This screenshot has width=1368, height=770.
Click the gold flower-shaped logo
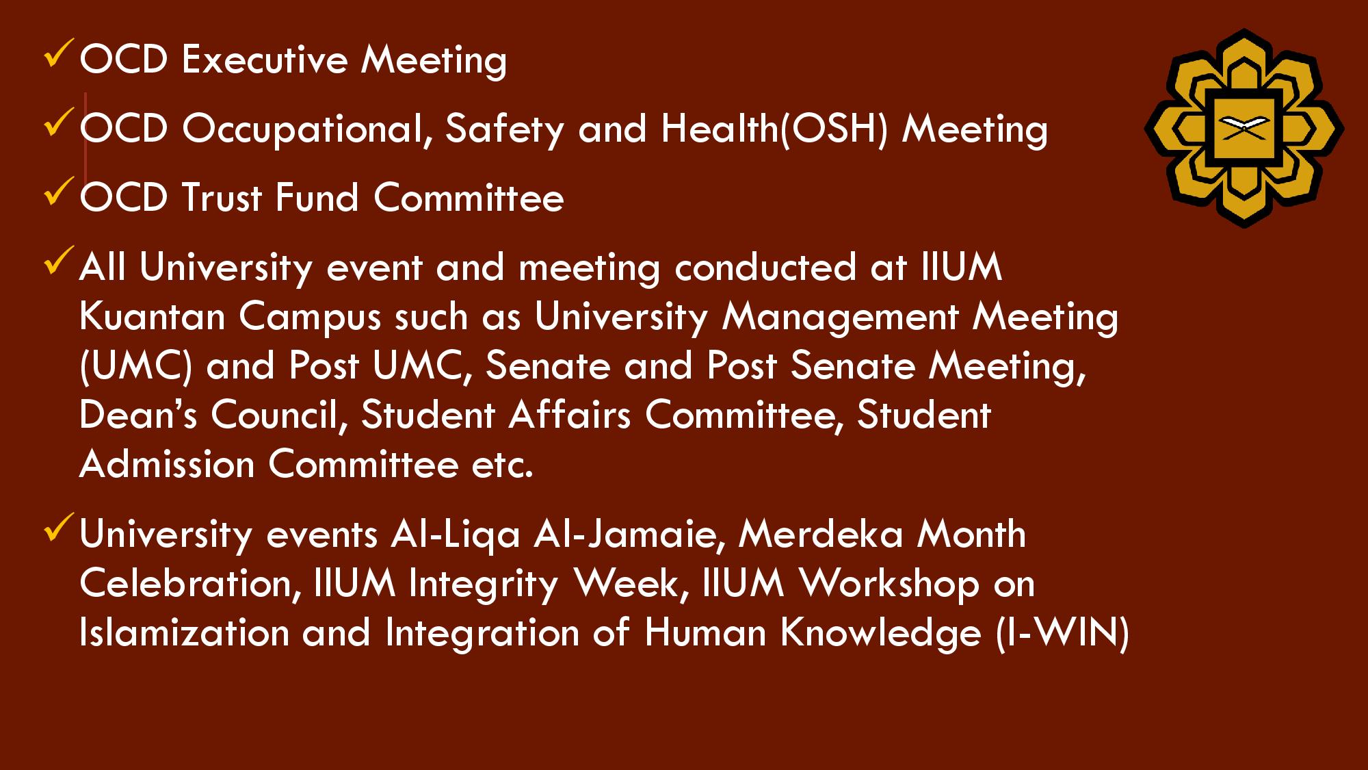pyautogui.click(x=1244, y=128)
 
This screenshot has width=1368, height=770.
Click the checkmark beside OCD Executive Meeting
pyautogui.click(x=56, y=55)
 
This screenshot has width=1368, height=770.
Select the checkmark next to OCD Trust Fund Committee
pyautogui.click(x=56, y=192)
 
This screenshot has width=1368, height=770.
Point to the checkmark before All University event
pyautogui.click(x=56, y=261)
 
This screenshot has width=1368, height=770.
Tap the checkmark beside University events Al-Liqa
pyautogui.click(x=56, y=529)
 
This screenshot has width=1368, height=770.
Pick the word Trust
pyautogui.click(x=222, y=198)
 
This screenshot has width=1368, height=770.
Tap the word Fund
pyautogui.click(x=317, y=197)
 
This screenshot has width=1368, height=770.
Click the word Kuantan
pyautogui.click(x=153, y=317)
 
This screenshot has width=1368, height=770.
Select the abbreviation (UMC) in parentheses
pyautogui.click(x=136, y=365)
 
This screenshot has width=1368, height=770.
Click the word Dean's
pyautogui.click(x=138, y=415)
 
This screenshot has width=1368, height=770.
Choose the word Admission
pyautogui.click(x=168, y=464)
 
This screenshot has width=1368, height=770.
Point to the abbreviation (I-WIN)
pyautogui.click(x=1062, y=632)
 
